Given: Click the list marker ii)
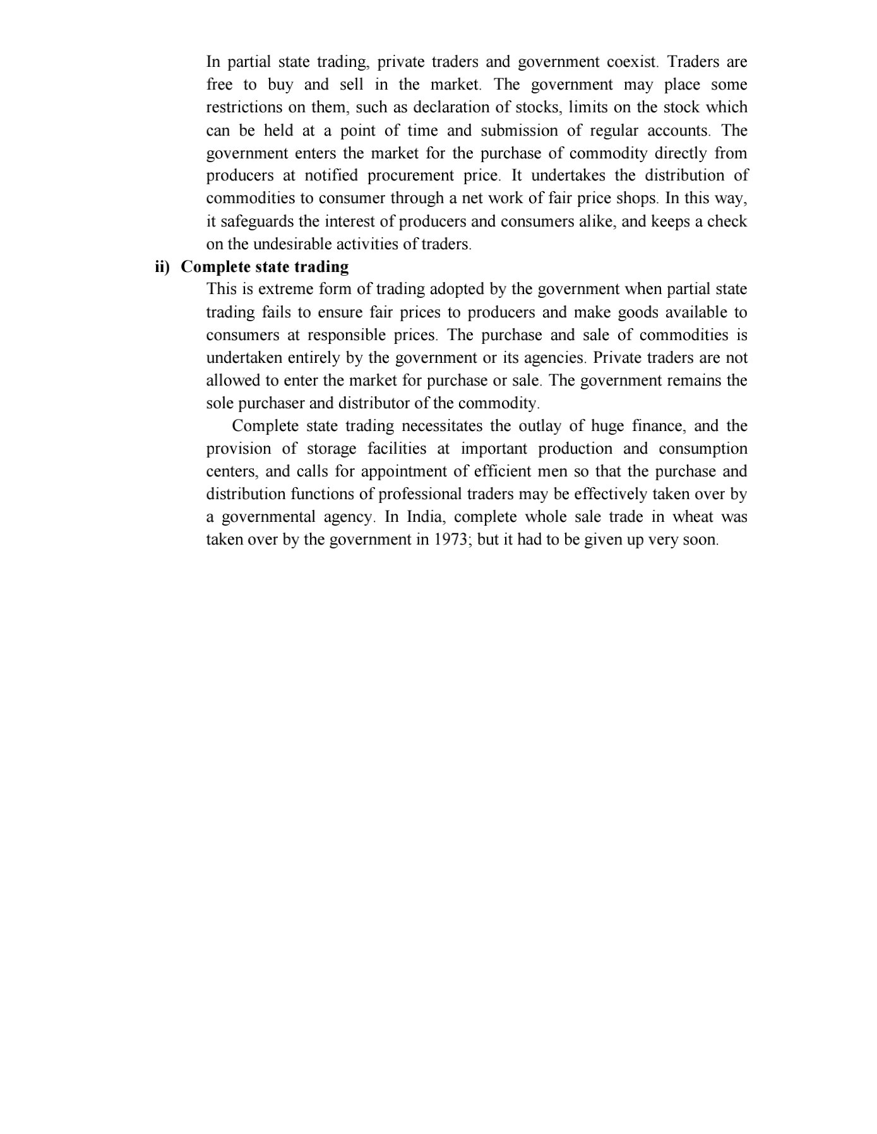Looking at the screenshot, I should [x=162, y=267].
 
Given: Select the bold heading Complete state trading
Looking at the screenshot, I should [x=265, y=267].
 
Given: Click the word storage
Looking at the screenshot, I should [x=331, y=449].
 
